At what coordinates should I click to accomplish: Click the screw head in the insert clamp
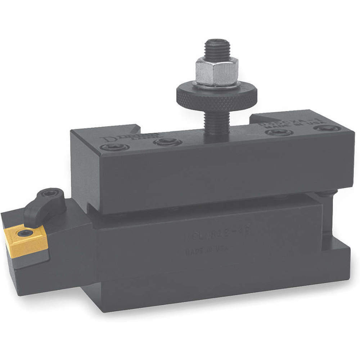point(48,194)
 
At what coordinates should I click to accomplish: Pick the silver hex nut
point(217,72)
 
